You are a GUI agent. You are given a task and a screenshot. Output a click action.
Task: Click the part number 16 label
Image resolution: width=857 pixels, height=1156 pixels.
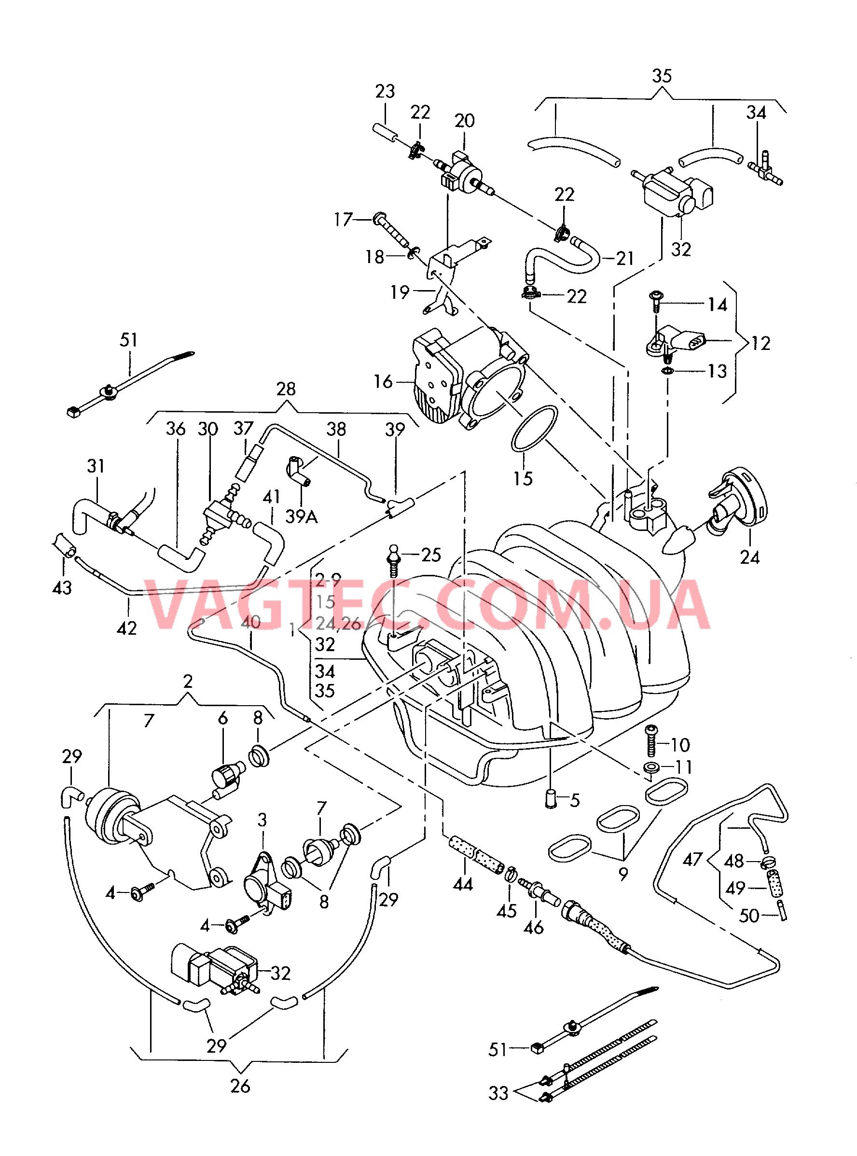coord(383,382)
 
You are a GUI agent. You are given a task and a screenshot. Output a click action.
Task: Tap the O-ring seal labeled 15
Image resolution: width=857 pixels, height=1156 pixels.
coord(534,428)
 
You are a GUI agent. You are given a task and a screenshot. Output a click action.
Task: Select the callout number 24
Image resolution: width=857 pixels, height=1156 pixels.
coord(749,557)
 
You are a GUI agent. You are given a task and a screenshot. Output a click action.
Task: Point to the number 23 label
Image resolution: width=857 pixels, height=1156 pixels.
coord(385,91)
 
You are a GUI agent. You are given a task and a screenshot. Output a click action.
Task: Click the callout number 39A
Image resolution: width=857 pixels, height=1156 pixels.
coord(302,516)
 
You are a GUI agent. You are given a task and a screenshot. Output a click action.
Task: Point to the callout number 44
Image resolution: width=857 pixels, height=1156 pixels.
coord(463,884)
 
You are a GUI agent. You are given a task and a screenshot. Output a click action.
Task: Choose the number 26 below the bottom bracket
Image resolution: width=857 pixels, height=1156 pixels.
coord(240,1086)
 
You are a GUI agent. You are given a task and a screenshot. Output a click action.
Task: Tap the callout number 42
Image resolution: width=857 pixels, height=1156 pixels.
coord(126,628)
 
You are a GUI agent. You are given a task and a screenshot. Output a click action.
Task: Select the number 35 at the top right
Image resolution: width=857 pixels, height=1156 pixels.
coord(662,76)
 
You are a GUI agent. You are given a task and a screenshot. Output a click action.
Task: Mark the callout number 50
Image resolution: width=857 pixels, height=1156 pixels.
coord(748,916)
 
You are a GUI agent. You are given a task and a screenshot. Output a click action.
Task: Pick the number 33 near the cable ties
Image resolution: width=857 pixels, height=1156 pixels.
coord(498,1093)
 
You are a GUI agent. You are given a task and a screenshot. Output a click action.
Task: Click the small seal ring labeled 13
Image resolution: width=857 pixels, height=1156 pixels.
coord(668,371)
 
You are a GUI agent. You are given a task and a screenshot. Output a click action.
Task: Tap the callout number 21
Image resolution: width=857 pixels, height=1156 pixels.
coord(625,258)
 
